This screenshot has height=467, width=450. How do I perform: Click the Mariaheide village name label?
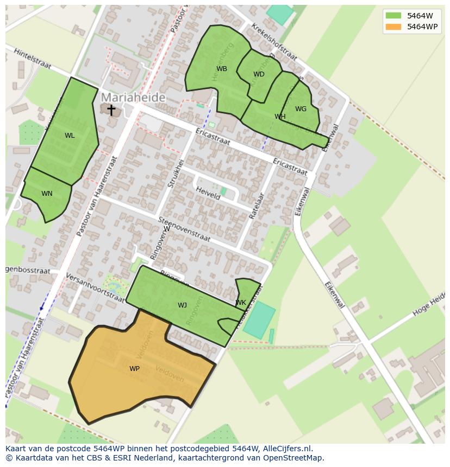133,97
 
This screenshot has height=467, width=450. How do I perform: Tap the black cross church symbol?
111,110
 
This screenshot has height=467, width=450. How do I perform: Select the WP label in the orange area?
134,369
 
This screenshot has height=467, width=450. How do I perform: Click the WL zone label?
70,136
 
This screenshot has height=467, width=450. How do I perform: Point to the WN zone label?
47,194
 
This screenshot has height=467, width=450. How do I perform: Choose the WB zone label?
222,69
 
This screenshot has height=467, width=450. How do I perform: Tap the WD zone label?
259,74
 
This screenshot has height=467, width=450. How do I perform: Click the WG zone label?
301,109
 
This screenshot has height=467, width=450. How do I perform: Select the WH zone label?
280,117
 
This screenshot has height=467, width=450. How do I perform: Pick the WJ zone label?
182,305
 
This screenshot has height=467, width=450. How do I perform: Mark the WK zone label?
241,303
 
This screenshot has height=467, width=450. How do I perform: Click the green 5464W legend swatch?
393,16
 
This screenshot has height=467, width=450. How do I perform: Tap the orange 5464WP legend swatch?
393,27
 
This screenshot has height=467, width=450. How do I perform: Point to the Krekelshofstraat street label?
274,42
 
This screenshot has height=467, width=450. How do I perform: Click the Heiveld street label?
208,193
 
